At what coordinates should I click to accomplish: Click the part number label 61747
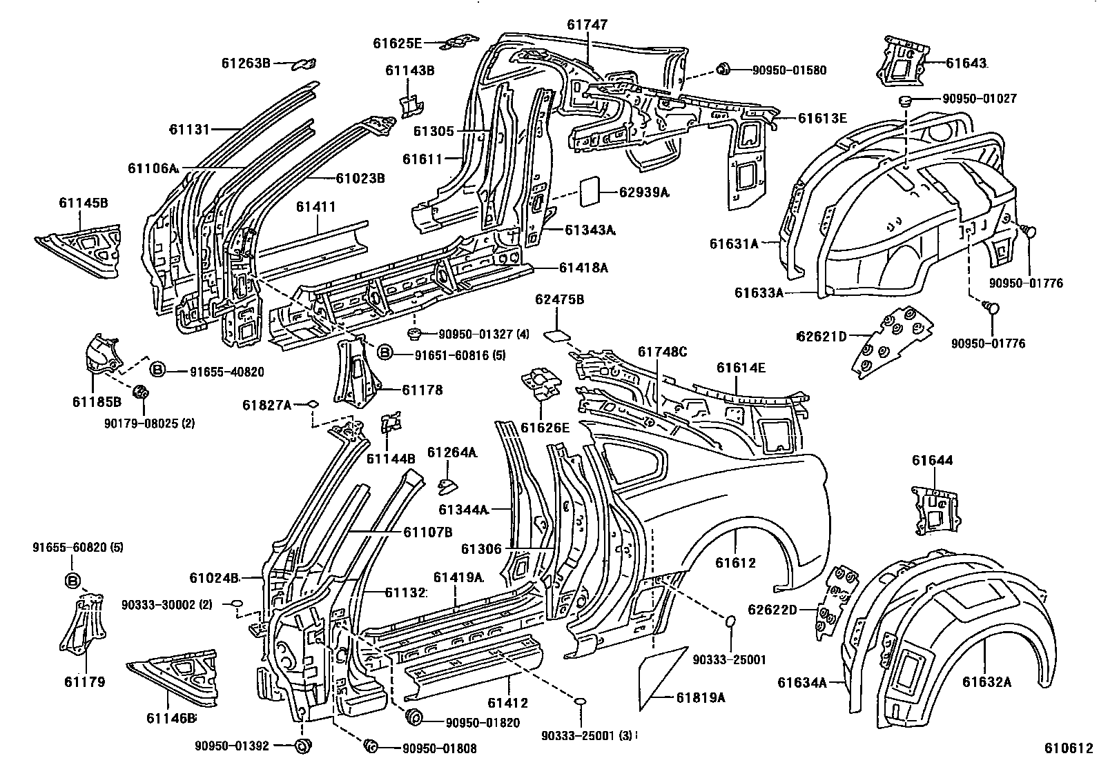pyautogui.click(x=587, y=25)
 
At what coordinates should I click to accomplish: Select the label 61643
pyautogui.click(x=966, y=63)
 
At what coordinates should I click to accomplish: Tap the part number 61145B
pyautogui.click(x=83, y=203)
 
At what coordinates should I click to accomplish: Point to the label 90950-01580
pyautogui.click(x=789, y=70)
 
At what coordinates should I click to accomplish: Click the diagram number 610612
pyautogui.click(x=1069, y=748)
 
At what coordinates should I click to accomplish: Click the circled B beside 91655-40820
pyautogui.click(x=157, y=370)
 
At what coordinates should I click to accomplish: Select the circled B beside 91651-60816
pyautogui.click(x=385, y=353)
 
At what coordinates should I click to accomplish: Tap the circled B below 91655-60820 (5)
pyautogui.click(x=73, y=580)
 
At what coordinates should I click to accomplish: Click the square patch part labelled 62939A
pyautogui.click(x=590, y=192)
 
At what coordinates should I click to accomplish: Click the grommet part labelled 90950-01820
pyautogui.click(x=415, y=717)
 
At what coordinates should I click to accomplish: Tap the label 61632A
pyautogui.click(x=986, y=682)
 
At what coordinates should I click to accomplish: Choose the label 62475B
pyautogui.click(x=560, y=299)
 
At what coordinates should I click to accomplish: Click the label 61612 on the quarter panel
pyautogui.click(x=735, y=563)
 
